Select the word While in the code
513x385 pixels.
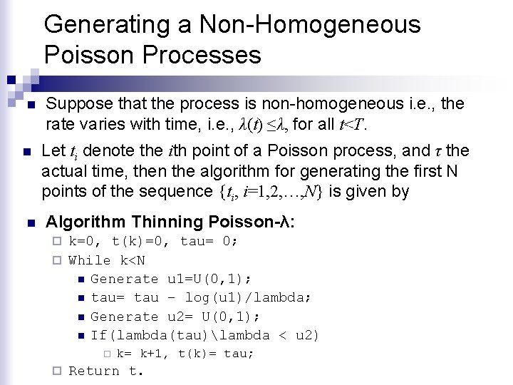click(90, 260)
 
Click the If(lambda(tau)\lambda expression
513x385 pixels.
click(180, 335)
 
